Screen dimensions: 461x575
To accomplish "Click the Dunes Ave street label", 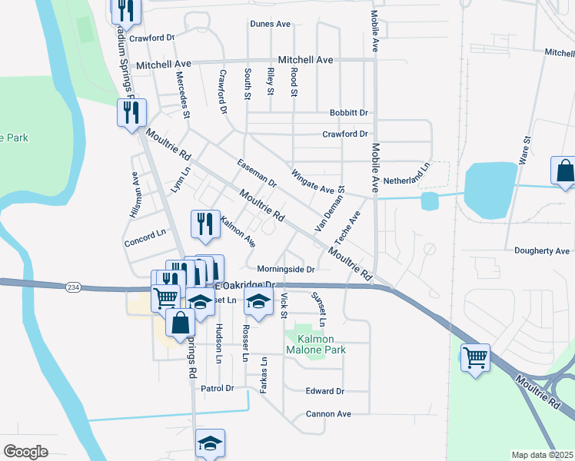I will tap(270, 24).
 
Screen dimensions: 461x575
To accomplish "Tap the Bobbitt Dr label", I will tap(348, 112).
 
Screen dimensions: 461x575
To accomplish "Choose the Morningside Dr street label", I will tap(286, 270).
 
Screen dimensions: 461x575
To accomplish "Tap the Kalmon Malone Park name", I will tap(316, 344).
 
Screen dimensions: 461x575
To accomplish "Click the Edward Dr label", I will tap(325, 391).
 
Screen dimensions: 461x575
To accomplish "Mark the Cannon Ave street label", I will tap(328, 414).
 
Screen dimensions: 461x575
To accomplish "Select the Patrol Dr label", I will tap(217, 389).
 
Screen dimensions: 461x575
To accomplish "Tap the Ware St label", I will tap(526, 151).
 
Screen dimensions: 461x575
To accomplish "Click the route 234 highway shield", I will tap(73, 287).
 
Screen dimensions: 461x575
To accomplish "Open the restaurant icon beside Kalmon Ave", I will tap(204, 224).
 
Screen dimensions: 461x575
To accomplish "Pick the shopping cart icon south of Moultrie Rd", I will tap(475, 357).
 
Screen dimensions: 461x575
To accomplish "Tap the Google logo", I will tap(25, 452).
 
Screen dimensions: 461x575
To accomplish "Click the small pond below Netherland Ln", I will tap(430, 201).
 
